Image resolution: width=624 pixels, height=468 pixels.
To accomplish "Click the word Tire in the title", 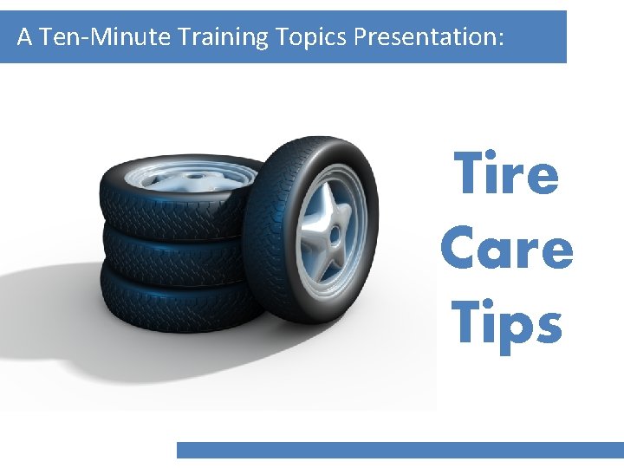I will pos(507,173).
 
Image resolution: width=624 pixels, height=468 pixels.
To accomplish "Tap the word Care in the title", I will pos(507,249).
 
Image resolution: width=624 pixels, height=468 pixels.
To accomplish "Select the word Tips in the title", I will pos(507,323).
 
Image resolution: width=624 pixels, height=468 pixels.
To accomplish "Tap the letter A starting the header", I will pos(24,37).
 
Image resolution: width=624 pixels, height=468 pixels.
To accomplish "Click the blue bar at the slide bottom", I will pos(400,450).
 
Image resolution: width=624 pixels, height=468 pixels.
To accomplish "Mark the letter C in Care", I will pos(459,250).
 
